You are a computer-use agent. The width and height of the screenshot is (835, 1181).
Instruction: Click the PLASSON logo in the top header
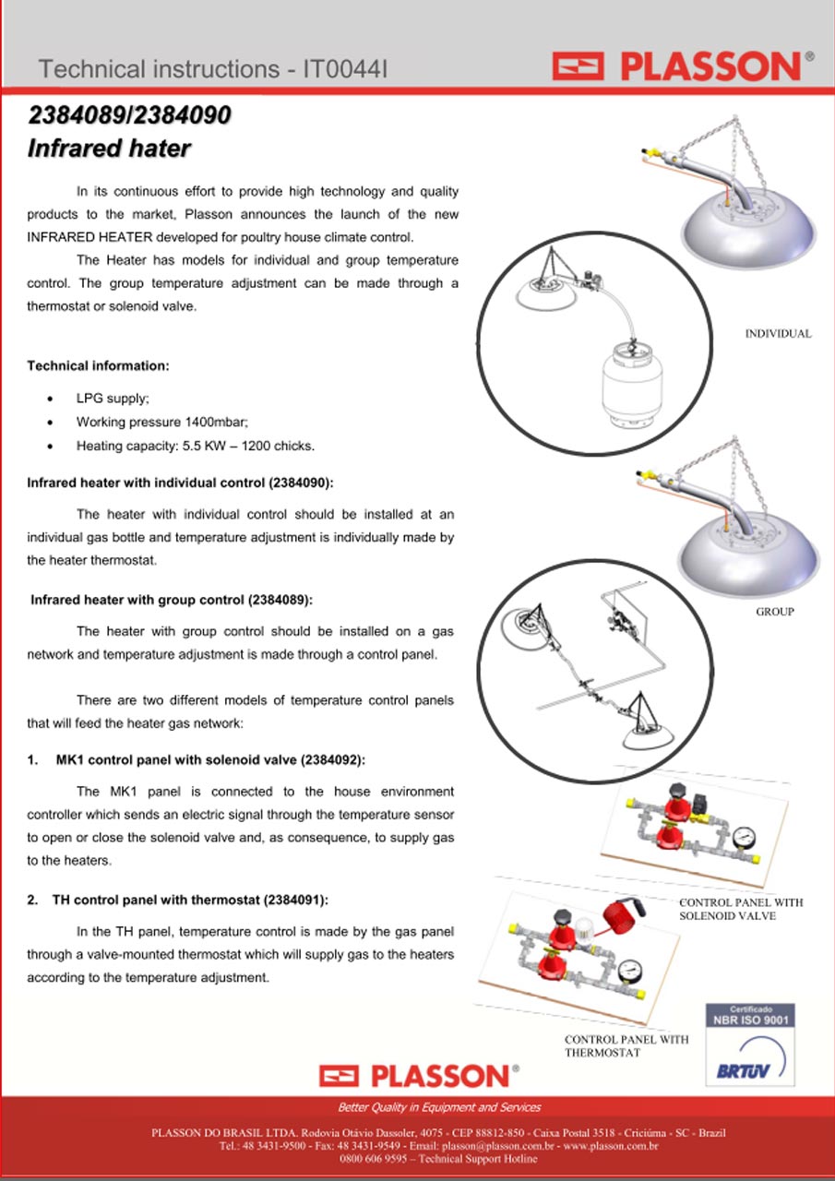tap(683, 66)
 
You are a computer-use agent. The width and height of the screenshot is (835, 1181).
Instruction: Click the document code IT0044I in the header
tap(345, 69)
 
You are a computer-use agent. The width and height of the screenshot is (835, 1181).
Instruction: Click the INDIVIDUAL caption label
tap(778, 333)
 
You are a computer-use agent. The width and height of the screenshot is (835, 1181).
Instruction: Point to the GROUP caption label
tap(775, 612)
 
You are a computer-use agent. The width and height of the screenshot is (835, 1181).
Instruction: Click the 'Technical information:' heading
tap(98, 366)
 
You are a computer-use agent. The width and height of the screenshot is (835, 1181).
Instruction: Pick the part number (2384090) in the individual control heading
tap(301, 483)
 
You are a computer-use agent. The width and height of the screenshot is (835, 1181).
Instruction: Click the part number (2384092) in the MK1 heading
tap(333, 759)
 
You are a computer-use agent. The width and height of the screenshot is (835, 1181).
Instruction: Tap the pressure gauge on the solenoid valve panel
tap(744, 837)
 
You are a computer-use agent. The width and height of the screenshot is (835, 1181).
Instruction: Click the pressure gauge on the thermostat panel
tap(629, 969)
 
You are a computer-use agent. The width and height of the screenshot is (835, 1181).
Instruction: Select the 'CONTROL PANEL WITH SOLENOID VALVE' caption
tap(741, 909)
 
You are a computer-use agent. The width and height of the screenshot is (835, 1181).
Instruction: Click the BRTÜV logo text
tap(743, 1070)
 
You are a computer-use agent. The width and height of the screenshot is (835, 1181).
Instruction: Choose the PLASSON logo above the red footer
tap(419, 1076)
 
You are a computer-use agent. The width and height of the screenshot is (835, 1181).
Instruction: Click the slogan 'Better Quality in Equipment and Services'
tap(439, 1107)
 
